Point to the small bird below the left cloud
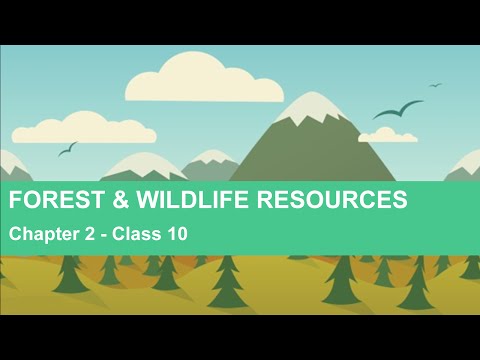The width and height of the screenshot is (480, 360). point(67,149)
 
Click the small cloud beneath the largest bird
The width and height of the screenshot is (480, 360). point(387,134)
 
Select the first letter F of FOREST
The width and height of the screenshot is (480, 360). point(15,201)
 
